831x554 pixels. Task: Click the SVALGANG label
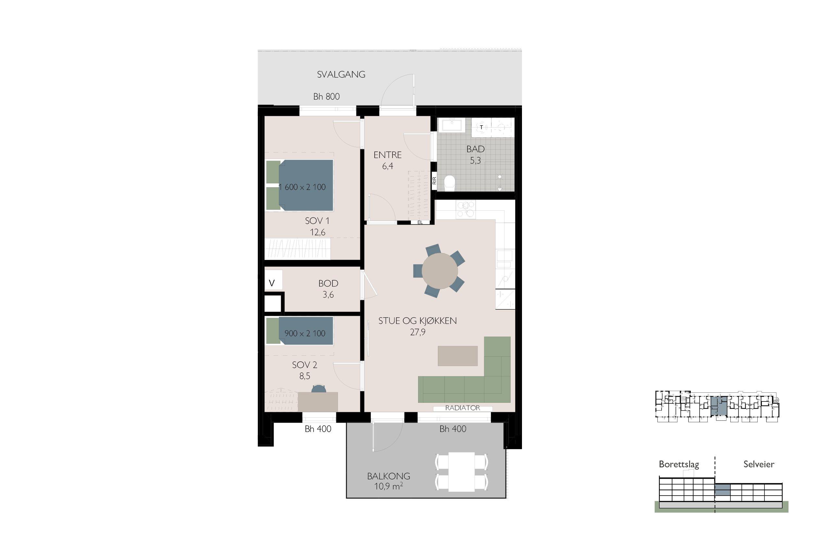click(x=341, y=75)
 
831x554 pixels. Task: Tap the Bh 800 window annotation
click(x=326, y=96)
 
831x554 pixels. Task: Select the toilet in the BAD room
click(x=449, y=182)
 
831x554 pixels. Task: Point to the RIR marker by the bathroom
click(x=435, y=181)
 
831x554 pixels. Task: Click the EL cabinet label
click(x=420, y=223)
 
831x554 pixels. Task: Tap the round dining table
click(x=440, y=271)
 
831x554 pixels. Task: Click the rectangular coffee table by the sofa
click(x=458, y=356)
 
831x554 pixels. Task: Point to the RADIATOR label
click(x=463, y=408)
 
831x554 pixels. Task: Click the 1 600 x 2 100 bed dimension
click(x=303, y=187)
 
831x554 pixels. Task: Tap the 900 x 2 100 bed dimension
click(x=305, y=333)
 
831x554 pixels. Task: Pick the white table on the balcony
click(x=461, y=472)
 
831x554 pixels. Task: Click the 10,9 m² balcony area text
click(x=389, y=486)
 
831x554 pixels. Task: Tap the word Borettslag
click(x=679, y=464)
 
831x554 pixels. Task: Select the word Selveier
click(x=759, y=464)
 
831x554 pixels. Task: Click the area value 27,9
click(x=418, y=332)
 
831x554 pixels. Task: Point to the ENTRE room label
click(x=388, y=155)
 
